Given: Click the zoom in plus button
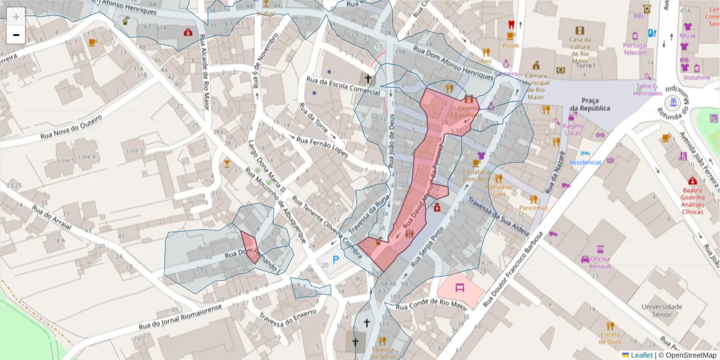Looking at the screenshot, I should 16,17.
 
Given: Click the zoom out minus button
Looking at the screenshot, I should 16,35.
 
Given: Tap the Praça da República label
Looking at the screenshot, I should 590,104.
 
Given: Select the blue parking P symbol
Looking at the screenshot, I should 335,259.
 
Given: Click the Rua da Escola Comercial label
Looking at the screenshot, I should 343,86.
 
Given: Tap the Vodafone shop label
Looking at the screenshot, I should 697,77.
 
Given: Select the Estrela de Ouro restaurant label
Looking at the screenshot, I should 610,338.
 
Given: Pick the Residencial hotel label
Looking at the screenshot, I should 584,163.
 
